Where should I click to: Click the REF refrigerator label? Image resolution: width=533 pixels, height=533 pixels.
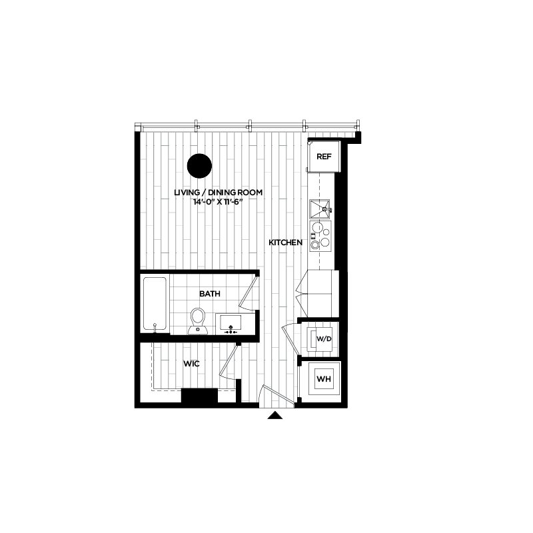pyautogui.click(x=324, y=157)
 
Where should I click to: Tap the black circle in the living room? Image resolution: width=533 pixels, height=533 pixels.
pyautogui.click(x=199, y=166)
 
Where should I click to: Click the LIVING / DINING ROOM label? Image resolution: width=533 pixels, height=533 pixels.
pyautogui.click(x=219, y=193)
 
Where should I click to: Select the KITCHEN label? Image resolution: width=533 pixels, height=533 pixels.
pyautogui.click(x=286, y=243)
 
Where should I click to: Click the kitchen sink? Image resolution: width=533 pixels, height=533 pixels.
pyautogui.click(x=320, y=209)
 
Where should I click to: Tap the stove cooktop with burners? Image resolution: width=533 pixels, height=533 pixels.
pyautogui.click(x=320, y=235)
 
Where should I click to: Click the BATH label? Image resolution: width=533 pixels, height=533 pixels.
pyautogui.click(x=210, y=293)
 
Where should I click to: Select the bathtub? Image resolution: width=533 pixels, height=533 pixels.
pyautogui.click(x=155, y=304)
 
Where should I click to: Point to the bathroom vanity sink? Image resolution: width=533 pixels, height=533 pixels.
pyautogui.click(x=231, y=323)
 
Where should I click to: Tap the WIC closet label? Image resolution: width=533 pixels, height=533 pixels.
pyautogui.click(x=192, y=364)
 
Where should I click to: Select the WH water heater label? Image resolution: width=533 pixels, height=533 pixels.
pyautogui.click(x=324, y=380)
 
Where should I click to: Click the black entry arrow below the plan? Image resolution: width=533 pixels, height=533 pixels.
pyautogui.click(x=275, y=416)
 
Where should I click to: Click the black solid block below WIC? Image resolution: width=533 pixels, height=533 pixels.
pyautogui.click(x=199, y=396)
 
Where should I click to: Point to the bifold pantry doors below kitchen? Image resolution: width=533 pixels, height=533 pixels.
pyautogui.click(x=304, y=293)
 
